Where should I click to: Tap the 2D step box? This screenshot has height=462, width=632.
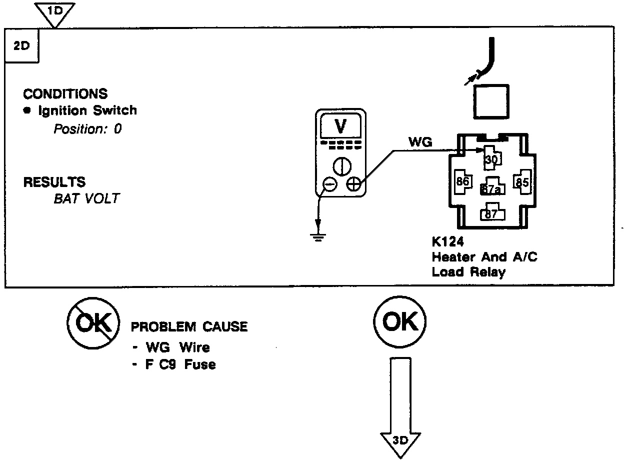(x=21, y=45)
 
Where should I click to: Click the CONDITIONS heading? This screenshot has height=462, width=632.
(x=65, y=94)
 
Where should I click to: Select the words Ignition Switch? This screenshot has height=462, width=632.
(x=87, y=110)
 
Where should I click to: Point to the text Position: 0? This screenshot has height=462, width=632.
(x=87, y=129)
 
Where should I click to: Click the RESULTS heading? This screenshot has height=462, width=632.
(x=54, y=182)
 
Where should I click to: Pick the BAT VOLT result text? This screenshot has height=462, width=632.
(x=86, y=198)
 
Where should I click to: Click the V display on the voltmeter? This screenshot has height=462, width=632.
(x=340, y=127)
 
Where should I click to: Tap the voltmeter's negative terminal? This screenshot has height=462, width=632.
(x=329, y=184)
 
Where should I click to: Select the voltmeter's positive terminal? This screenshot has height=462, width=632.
(x=353, y=184)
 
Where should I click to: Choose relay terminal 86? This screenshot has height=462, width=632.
(x=462, y=181)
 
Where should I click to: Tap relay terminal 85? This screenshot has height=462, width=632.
(x=522, y=181)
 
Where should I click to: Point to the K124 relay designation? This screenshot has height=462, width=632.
(x=448, y=242)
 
